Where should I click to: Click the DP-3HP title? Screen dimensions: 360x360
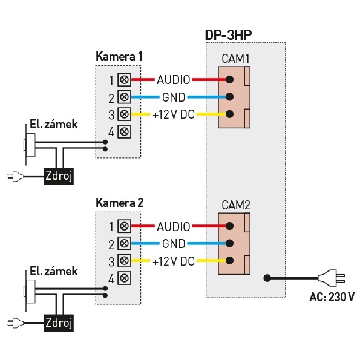click(228, 34)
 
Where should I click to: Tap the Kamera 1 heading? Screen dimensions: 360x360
click(119, 56)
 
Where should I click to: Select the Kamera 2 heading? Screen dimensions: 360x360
click(119, 203)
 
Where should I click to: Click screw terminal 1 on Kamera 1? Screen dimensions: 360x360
click(124, 80)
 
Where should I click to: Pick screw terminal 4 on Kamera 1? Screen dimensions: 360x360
click(124, 131)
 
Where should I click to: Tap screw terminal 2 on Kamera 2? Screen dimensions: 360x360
click(124, 243)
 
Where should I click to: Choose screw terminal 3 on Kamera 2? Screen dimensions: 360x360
click(124, 261)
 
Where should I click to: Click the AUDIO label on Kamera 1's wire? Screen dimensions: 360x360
click(173, 80)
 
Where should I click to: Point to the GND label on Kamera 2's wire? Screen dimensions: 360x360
click(174, 244)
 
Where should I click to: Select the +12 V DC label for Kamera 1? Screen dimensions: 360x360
click(174, 114)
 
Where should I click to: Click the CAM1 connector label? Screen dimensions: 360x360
click(235, 59)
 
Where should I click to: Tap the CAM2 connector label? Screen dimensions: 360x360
click(236, 205)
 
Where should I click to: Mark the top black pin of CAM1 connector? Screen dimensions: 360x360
click(229, 80)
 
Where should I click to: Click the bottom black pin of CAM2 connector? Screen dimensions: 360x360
click(229, 261)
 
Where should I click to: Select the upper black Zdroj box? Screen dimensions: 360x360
click(59, 176)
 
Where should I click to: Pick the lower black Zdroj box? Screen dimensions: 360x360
click(59, 322)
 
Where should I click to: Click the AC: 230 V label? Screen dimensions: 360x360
click(332, 297)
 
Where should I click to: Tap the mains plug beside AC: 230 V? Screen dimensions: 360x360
click(331, 278)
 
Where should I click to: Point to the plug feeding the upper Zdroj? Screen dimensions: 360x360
click(16, 177)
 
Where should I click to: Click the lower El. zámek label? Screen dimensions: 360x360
click(54, 271)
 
